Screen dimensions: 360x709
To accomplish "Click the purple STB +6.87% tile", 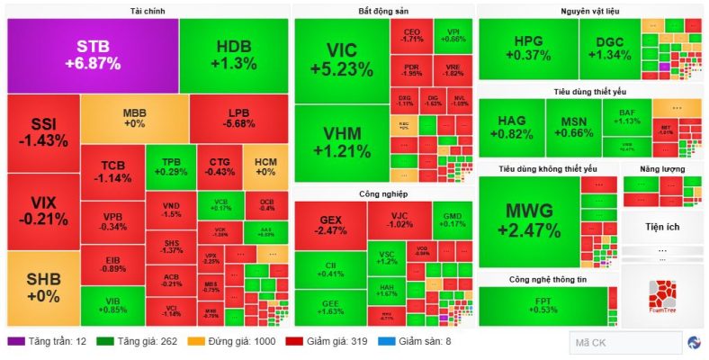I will click(92, 55).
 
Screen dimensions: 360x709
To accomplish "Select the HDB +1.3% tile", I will click(233, 55).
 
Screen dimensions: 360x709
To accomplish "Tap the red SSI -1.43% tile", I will click(42, 131).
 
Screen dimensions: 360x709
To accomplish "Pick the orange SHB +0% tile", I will click(42, 288).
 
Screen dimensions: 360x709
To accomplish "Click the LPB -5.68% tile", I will click(238, 118).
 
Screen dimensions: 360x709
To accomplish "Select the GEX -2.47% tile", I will click(329, 225).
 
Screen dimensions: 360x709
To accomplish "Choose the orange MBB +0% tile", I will click(134, 118).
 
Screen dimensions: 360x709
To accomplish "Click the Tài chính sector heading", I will click(148, 11).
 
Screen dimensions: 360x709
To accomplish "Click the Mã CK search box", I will click(625, 343).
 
